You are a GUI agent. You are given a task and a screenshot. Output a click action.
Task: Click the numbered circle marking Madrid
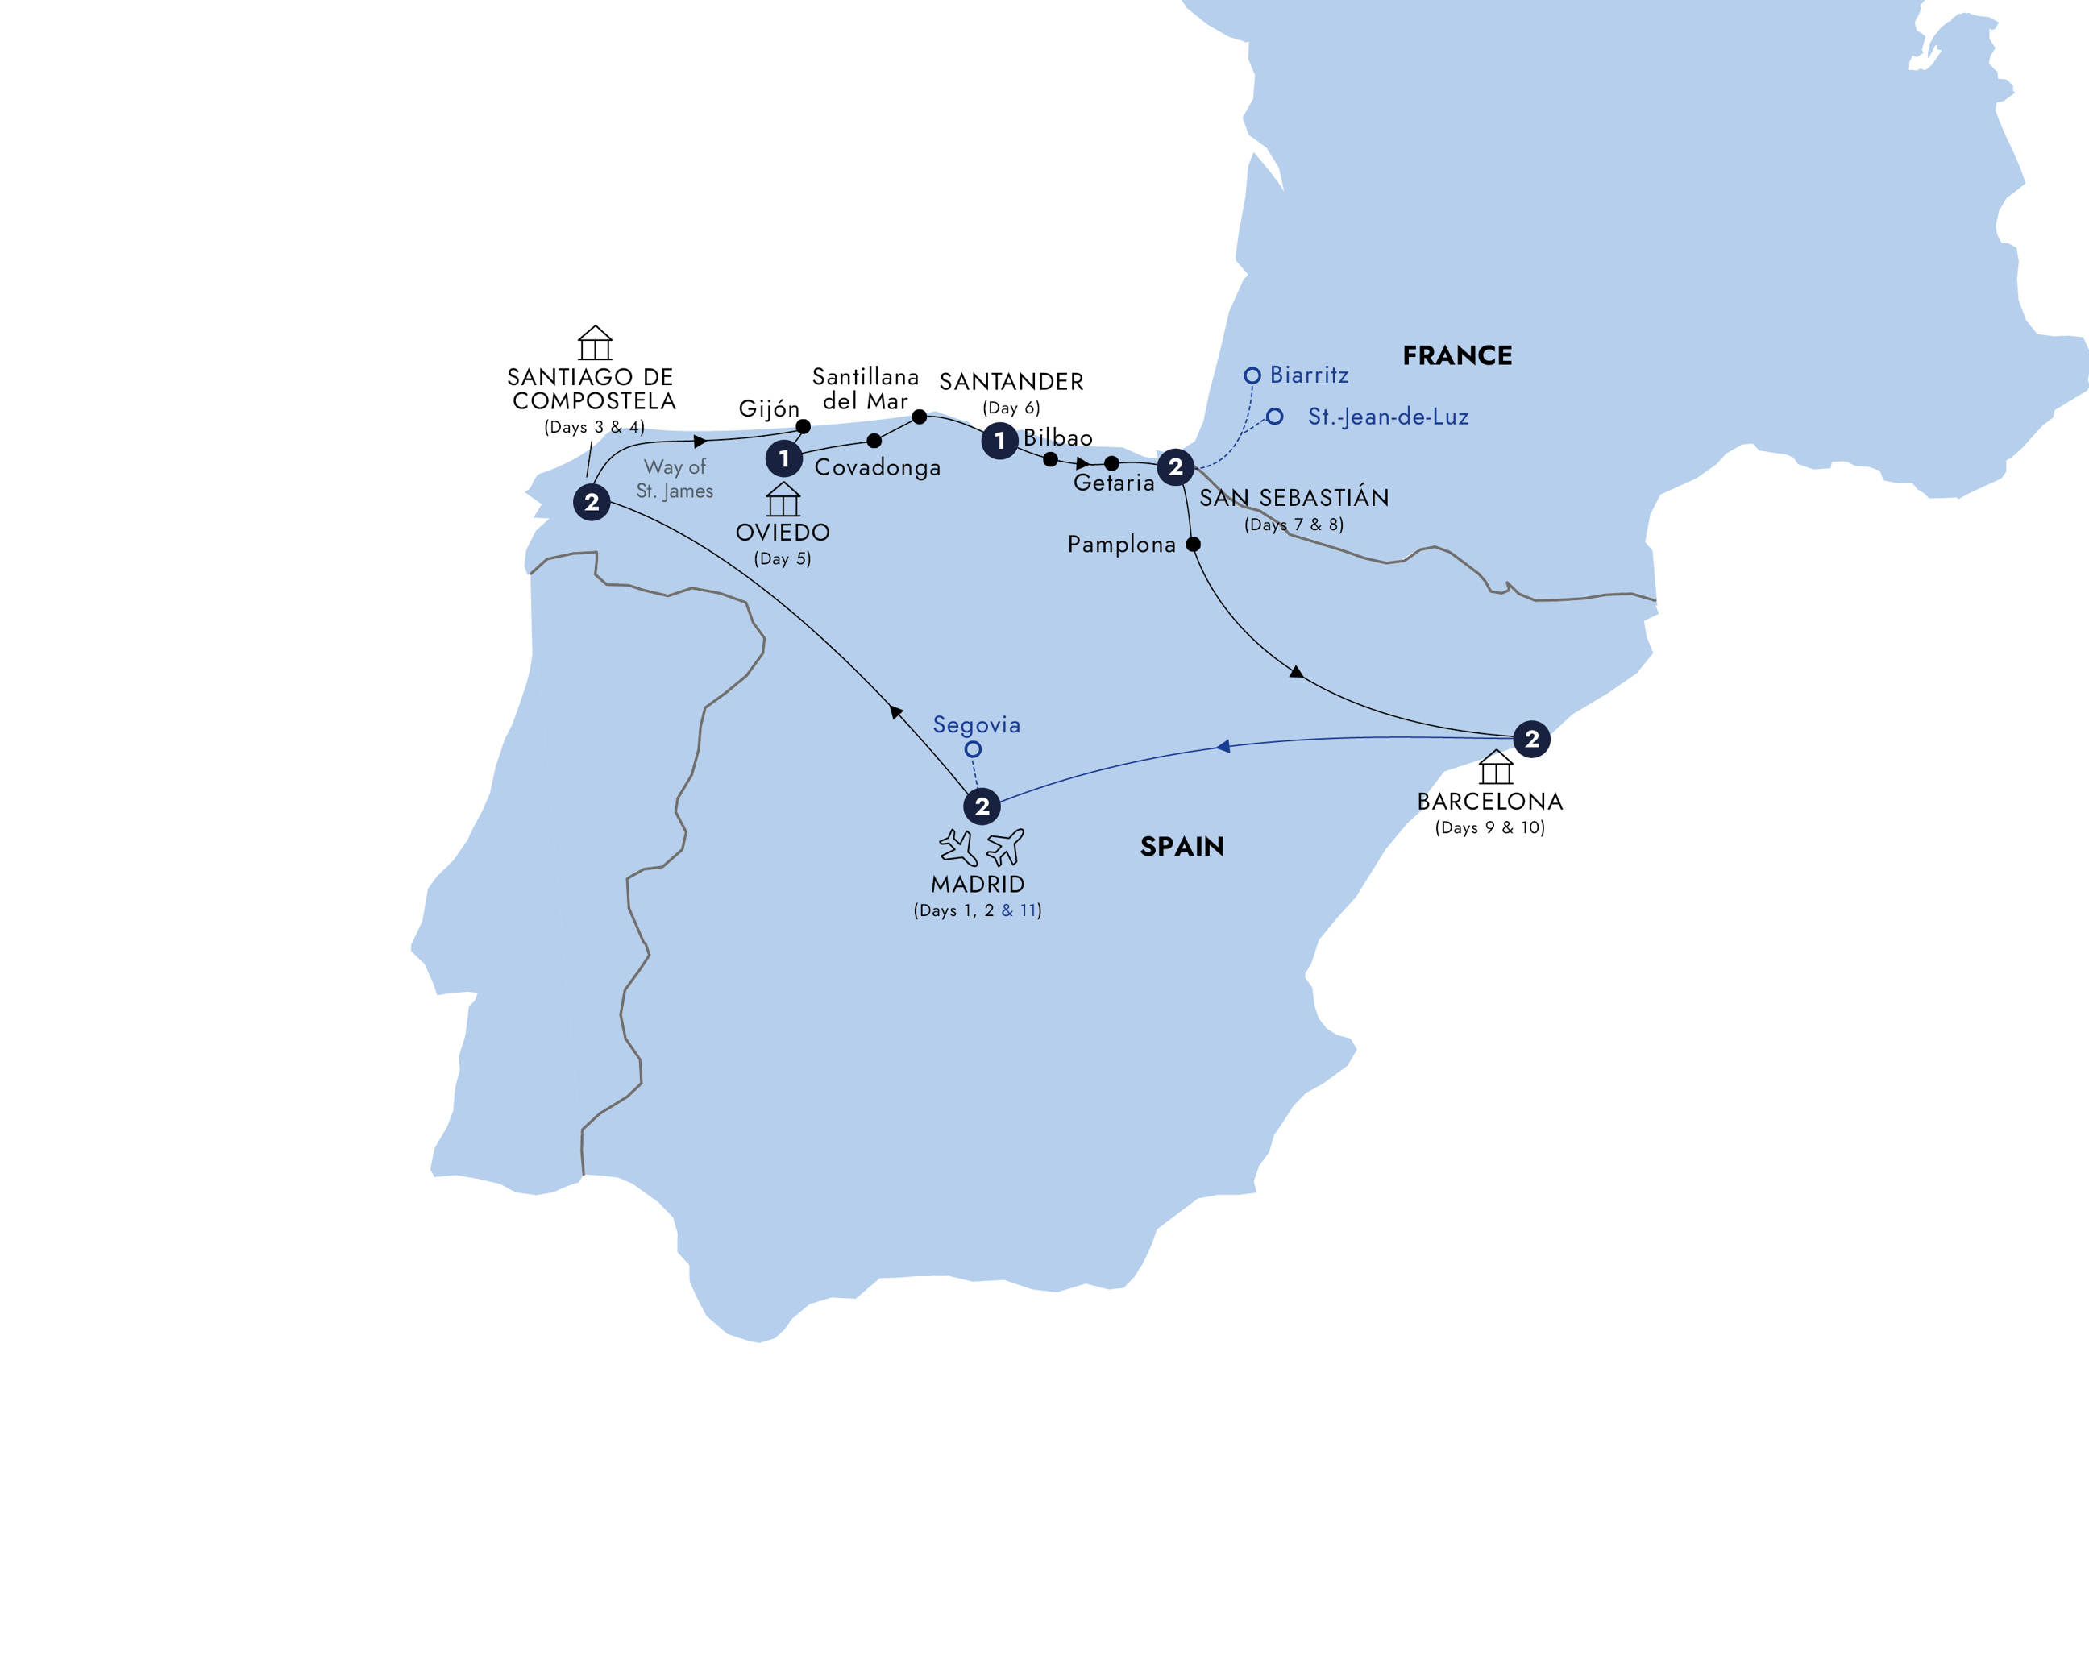click(x=982, y=806)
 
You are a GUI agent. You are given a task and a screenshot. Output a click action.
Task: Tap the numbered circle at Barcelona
click(x=1531, y=739)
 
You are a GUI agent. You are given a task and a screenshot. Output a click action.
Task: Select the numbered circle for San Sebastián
click(x=1175, y=467)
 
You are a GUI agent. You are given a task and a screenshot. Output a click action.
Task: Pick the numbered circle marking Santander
click(x=999, y=441)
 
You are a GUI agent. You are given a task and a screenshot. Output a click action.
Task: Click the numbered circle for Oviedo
click(x=784, y=458)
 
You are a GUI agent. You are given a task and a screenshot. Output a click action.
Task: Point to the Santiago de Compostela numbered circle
click(x=591, y=502)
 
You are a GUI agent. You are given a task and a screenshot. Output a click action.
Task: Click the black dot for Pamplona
click(x=1193, y=545)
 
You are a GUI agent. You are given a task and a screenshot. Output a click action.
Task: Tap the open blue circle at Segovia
click(x=973, y=748)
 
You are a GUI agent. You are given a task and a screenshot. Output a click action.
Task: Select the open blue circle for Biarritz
click(x=1252, y=375)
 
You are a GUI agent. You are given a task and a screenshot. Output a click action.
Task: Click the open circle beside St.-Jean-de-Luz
click(x=1274, y=417)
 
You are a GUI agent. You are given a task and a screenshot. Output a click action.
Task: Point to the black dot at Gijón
click(x=804, y=426)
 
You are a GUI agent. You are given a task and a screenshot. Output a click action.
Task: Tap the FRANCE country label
click(x=1456, y=355)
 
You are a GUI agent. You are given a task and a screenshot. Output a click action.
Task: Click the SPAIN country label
click(x=1182, y=847)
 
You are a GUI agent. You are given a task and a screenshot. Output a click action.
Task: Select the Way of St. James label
click(x=675, y=479)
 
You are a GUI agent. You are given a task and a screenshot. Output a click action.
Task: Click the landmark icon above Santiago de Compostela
click(x=595, y=343)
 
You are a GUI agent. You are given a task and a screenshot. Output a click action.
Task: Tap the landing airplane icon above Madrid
click(x=958, y=847)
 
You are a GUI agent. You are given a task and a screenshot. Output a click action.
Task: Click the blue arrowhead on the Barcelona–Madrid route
click(x=1223, y=746)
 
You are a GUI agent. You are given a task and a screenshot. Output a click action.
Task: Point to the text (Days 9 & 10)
click(x=1489, y=827)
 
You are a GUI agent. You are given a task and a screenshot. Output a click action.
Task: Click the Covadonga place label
click(x=877, y=468)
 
